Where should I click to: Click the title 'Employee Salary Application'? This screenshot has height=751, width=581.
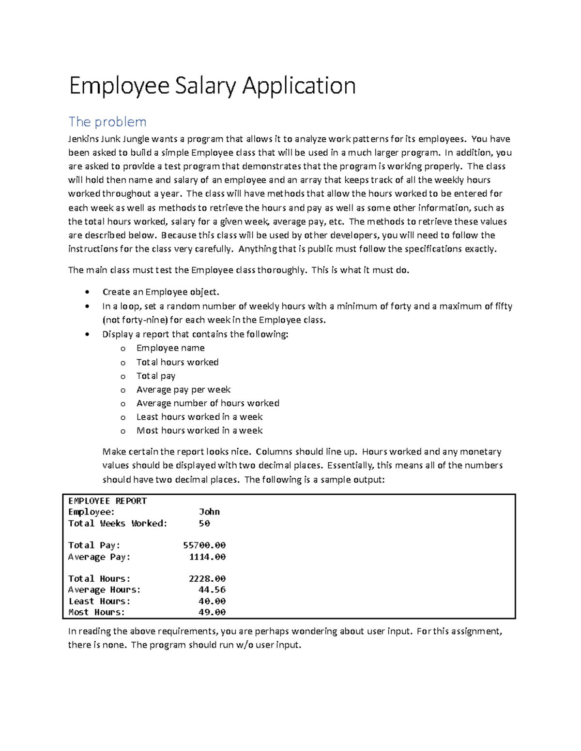click(212, 86)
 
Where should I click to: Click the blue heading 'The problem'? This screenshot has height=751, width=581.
click(107, 121)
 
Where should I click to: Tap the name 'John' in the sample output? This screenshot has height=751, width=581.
click(209, 512)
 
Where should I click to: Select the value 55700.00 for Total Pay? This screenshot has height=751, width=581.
click(204, 545)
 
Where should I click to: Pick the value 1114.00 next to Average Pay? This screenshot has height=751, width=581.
click(207, 557)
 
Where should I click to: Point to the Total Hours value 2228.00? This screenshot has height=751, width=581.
click(207, 578)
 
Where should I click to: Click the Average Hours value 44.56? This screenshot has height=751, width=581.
click(212, 589)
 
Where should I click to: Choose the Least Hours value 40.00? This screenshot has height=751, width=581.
click(212, 601)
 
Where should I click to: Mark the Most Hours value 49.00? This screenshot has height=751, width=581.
click(212, 612)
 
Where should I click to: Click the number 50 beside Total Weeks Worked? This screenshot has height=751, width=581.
click(204, 523)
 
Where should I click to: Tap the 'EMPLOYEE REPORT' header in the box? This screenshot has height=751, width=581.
click(107, 501)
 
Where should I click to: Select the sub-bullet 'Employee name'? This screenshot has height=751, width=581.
click(170, 348)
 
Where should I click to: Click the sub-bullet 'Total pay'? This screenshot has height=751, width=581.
click(155, 376)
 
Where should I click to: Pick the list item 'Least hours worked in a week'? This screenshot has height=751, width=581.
click(199, 417)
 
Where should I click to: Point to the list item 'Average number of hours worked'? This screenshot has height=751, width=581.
click(208, 403)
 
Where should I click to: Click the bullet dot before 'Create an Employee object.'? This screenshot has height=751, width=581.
click(87, 292)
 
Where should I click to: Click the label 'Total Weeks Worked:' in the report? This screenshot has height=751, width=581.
click(118, 523)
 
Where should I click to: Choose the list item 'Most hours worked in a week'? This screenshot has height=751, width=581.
click(199, 430)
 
